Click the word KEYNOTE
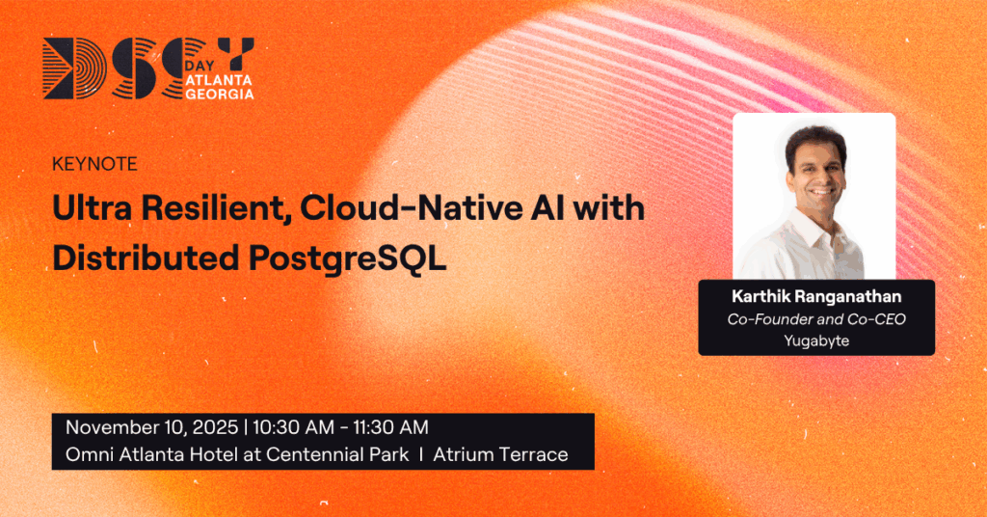click(x=94, y=165)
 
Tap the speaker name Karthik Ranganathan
click(x=815, y=297)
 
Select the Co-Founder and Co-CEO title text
click(x=815, y=318)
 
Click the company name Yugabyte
click(x=815, y=339)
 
